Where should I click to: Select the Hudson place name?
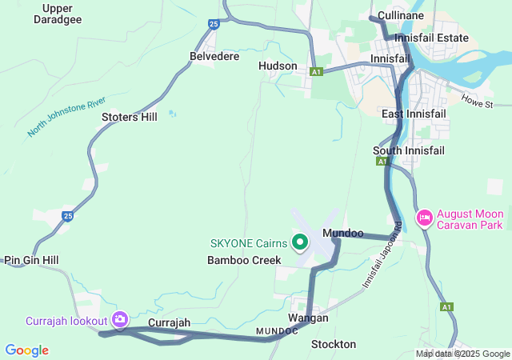tap(278, 66)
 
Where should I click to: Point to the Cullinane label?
tap(401, 15)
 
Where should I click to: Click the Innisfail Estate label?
tap(432, 38)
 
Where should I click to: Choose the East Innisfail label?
tap(414, 114)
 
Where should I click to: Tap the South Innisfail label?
tap(409, 150)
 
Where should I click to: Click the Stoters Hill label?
tap(130, 117)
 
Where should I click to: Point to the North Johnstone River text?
tap(66, 116)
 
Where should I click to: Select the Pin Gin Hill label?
tap(31, 260)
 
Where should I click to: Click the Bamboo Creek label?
tap(244, 260)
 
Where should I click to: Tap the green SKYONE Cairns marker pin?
tap(300, 241)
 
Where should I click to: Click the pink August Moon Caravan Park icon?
tap(424, 217)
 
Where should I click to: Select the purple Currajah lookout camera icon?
tap(120, 320)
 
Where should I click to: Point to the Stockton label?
tap(334, 344)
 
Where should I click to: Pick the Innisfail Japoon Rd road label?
tap(381, 255)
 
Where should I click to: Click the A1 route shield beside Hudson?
tap(317, 72)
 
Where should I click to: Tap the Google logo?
tap(26, 350)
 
